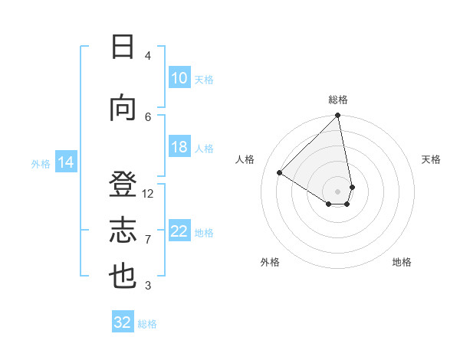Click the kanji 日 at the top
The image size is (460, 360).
[x=123, y=47]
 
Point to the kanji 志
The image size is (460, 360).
[x=123, y=231]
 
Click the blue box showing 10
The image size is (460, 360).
[x=179, y=78]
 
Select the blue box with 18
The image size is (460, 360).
[x=179, y=147]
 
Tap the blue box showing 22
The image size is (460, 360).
[x=179, y=231]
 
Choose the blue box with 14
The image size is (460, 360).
[x=66, y=162]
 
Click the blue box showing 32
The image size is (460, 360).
[x=123, y=322]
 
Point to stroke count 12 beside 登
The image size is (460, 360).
[x=148, y=194]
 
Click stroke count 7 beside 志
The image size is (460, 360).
[x=148, y=240]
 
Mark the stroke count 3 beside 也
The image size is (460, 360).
[x=148, y=286]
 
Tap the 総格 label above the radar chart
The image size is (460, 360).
[x=338, y=100]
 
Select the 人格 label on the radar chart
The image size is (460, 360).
[x=245, y=159]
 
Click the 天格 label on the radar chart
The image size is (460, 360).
[x=432, y=159]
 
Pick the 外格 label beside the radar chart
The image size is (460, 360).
[x=270, y=262]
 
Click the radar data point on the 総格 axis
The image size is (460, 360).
[x=338, y=116]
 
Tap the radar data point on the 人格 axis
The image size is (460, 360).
[x=280, y=172]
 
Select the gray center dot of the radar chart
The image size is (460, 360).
[x=338, y=191]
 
